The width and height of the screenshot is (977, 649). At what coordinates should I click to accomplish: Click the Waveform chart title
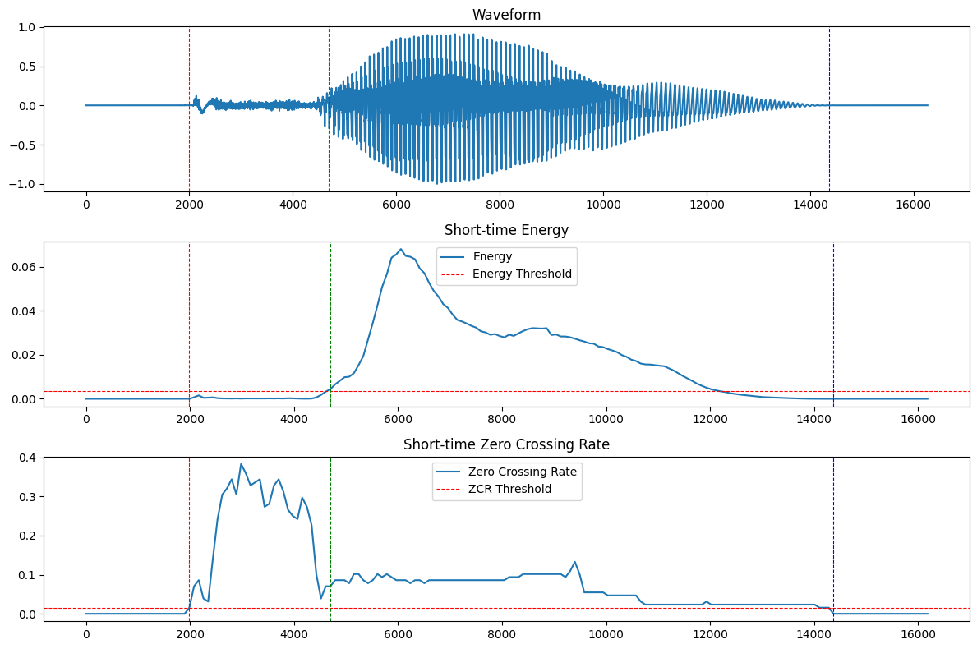[x=506, y=15]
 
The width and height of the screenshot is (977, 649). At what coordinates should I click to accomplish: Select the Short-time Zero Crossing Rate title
[x=506, y=444]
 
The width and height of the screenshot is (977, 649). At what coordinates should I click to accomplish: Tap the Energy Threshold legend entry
[x=522, y=274]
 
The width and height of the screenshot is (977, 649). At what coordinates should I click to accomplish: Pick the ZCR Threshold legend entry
[x=509, y=489]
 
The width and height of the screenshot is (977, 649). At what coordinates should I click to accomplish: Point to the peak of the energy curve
[x=401, y=250]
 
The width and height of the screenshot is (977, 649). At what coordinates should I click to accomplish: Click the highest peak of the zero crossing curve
[x=241, y=464]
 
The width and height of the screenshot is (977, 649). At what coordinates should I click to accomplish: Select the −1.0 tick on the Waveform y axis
[x=25, y=184]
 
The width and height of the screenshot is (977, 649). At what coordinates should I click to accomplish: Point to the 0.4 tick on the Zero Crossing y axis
[x=28, y=458]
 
